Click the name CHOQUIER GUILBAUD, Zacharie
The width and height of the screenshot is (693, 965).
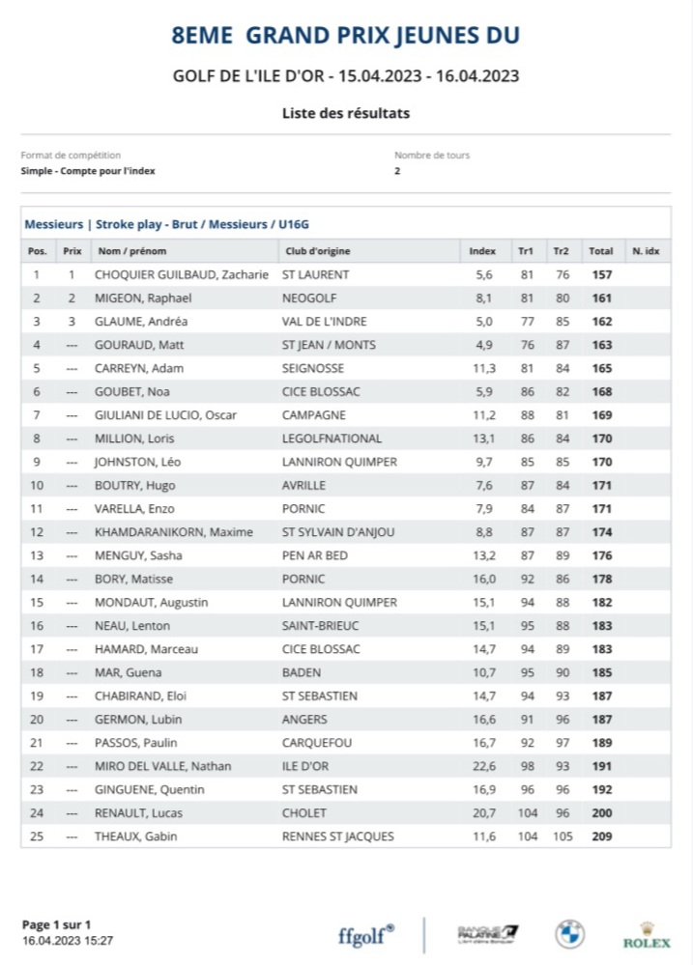click(181, 275)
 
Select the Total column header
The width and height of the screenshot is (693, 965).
click(600, 251)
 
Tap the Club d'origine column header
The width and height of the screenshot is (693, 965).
click(316, 251)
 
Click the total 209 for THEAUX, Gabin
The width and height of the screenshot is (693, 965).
click(601, 837)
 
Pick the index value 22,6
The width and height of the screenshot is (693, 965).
click(484, 766)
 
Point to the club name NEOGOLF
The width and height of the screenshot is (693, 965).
click(304, 298)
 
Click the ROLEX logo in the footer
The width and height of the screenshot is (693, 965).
click(647, 936)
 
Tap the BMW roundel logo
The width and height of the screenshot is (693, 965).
click(569, 934)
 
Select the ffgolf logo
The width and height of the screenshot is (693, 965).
click(366, 935)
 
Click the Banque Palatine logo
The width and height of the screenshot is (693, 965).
click(487, 934)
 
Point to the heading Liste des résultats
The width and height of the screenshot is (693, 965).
click(346, 113)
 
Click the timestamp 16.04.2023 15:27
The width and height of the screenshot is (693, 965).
click(68, 940)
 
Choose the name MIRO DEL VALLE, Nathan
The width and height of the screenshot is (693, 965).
click(162, 766)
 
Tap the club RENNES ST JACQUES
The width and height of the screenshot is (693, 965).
click(337, 837)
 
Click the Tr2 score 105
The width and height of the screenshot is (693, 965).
click(562, 837)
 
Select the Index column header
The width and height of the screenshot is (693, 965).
click(482, 251)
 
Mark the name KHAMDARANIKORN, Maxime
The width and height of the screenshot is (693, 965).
click(173, 532)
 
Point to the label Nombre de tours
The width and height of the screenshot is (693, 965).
click(432, 155)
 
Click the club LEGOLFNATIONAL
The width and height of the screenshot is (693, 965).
click(332, 439)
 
